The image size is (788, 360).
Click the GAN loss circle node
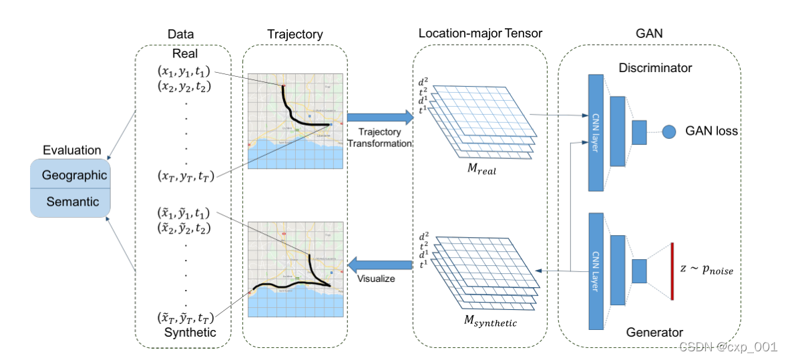coord(669,131)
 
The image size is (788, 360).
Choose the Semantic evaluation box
coord(70,201)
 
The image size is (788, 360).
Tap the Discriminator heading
coord(655,68)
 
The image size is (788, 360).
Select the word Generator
coord(654,332)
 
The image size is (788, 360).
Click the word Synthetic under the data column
coord(190,332)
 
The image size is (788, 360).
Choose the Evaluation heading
coord(71,150)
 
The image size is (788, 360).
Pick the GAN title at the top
coord(648,33)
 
